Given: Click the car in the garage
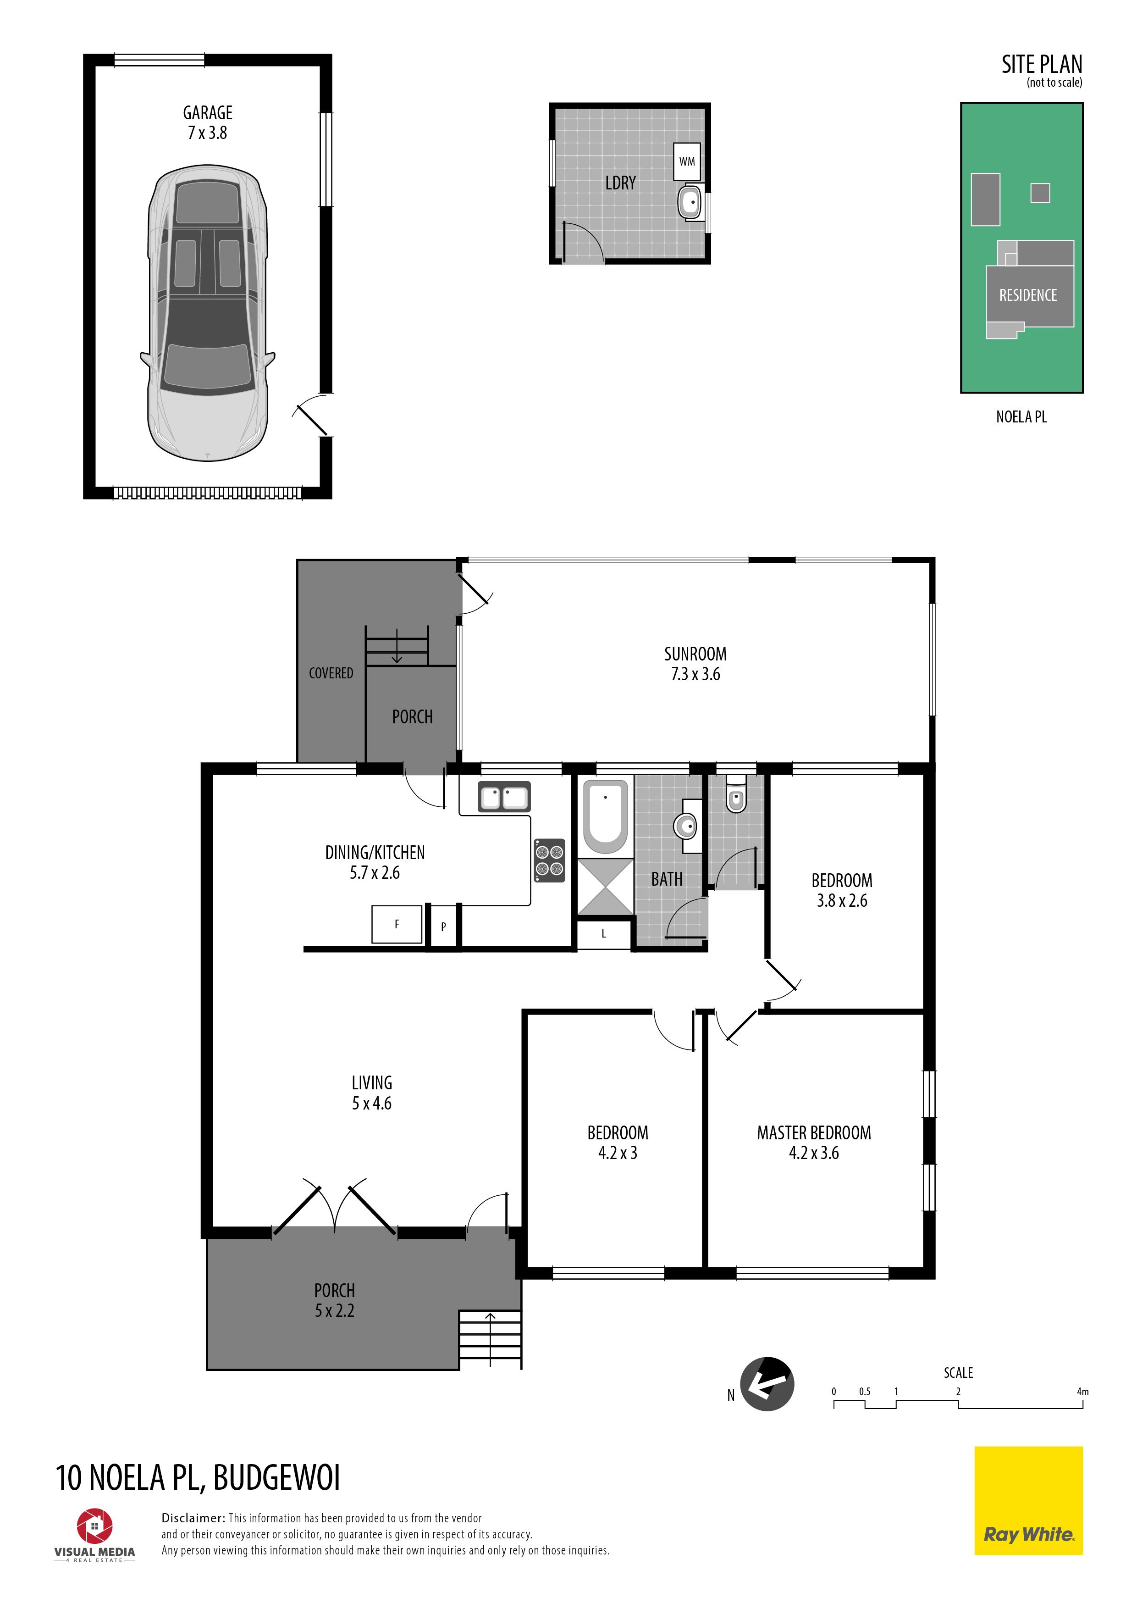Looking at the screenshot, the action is click(x=207, y=313).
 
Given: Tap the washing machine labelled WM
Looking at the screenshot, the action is click(x=686, y=161).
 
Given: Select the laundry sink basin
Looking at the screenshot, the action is click(x=691, y=203).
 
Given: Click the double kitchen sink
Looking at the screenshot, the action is click(x=504, y=797).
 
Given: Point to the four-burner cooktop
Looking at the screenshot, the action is click(x=549, y=860).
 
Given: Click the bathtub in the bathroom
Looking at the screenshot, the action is click(x=605, y=816).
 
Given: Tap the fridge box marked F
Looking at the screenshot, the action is click(x=397, y=924).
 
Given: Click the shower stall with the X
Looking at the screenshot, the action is click(x=605, y=887).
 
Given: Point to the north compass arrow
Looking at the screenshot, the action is click(x=767, y=1384).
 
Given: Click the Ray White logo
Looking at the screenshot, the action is click(x=1028, y=1500).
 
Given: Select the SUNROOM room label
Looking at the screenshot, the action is click(x=695, y=654).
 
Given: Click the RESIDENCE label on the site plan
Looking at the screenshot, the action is click(x=1028, y=295).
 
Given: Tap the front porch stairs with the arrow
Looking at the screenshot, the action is click(x=490, y=1339).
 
